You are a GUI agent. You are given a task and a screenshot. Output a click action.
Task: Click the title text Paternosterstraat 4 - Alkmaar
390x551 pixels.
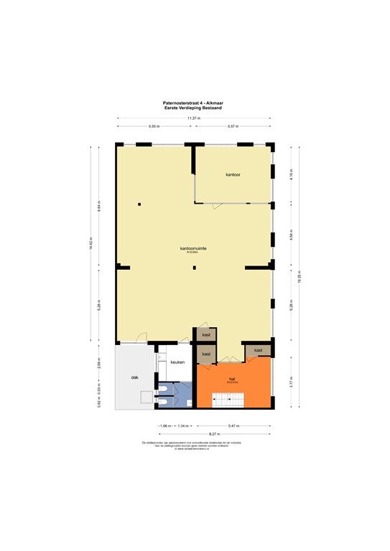194,103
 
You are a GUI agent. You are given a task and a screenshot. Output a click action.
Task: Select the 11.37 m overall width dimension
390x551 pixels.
194,118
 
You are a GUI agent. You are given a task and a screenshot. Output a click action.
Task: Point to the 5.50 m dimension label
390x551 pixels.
154,126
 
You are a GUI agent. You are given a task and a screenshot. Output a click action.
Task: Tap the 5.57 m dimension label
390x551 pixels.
233,126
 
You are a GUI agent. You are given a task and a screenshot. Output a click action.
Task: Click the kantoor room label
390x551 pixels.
233,174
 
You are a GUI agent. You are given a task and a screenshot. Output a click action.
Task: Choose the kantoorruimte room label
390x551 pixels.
194,248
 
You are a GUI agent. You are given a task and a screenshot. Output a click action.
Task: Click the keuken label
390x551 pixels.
178,362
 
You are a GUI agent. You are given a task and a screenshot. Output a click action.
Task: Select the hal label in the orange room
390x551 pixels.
232,378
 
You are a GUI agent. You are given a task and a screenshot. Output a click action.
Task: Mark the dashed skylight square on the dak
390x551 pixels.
148,397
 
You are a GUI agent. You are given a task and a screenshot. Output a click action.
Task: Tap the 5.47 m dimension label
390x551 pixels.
233,425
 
